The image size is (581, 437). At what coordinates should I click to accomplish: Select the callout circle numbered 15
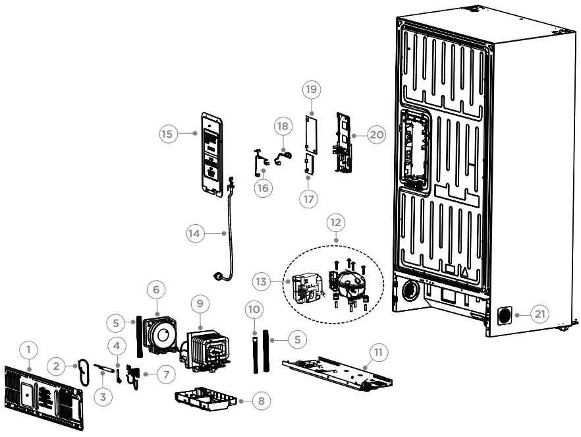pyautogui.click(x=170, y=134)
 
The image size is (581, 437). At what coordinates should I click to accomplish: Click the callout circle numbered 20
pyautogui.click(x=375, y=134)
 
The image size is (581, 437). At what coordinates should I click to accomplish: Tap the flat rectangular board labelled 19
pyautogui.click(x=310, y=136)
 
